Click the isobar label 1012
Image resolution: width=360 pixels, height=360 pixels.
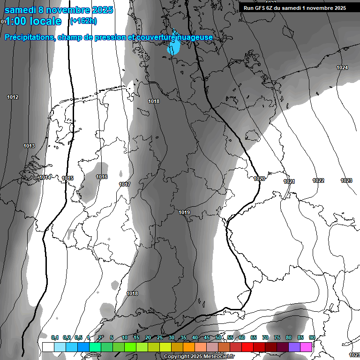pyautogui.click(x=13, y=97)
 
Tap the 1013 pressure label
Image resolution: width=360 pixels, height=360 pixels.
pyautogui.click(x=29, y=146)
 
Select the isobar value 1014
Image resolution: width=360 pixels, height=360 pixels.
pyautogui.click(x=45, y=177)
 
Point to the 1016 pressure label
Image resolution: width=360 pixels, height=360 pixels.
pyautogui.click(x=102, y=177)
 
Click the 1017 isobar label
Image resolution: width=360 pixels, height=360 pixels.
pyautogui.click(x=125, y=184)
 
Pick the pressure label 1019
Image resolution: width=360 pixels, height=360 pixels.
pyautogui.click(x=184, y=213)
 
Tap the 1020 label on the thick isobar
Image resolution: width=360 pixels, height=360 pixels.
pyautogui.click(x=259, y=179)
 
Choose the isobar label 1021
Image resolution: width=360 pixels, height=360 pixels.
pyautogui.click(x=289, y=181)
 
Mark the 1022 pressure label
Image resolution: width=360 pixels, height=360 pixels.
pyautogui.click(x=318, y=180)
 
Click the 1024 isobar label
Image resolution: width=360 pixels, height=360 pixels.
pyautogui.click(x=342, y=67)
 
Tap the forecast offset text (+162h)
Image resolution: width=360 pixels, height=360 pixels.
pyautogui.click(x=83, y=21)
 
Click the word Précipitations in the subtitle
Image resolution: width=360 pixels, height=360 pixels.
pyautogui.click(x=29, y=37)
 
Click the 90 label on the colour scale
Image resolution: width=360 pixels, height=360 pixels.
pyautogui.click(x=312, y=337)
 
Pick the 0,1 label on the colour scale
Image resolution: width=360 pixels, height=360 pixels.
pyautogui.click(x=55, y=337)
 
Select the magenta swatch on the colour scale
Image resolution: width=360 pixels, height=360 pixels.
pyautogui.click(x=306, y=347)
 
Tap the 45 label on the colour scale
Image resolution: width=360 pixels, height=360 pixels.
pyautogui.click(x=207, y=337)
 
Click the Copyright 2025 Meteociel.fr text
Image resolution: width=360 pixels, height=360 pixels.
pyautogui.click(x=199, y=356)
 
